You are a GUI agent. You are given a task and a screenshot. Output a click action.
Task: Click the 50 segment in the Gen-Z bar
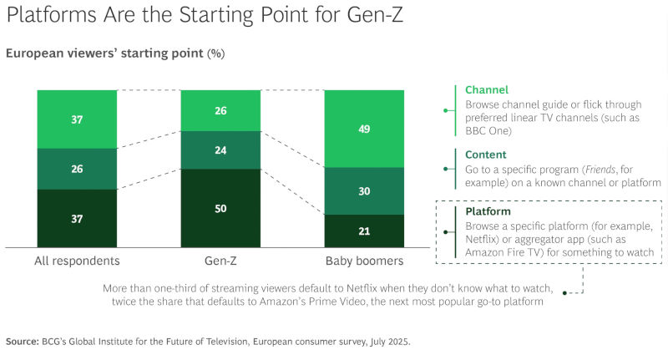click(x=220, y=208)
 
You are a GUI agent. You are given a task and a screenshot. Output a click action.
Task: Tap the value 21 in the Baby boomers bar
click(x=364, y=231)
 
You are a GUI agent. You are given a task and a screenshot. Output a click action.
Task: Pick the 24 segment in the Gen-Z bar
click(x=220, y=150)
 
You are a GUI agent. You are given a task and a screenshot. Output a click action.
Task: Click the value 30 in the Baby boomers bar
click(x=364, y=190)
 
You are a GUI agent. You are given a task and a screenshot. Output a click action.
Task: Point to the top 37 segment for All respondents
click(x=77, y=119)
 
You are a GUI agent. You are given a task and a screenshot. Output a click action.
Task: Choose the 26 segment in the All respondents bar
click(x=77, y=169)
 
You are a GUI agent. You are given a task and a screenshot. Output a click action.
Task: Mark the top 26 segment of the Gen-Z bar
click(x=220, y=110)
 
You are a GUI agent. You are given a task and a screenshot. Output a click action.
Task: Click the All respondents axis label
click(x=77, y=261)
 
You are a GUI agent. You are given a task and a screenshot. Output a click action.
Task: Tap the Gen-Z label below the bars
click(x=220, y=261)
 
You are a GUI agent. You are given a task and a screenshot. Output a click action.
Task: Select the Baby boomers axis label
click(x=364, y=261)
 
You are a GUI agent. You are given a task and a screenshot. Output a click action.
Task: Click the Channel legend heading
click(x=487, y=89)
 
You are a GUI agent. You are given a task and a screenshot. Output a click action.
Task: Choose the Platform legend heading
click(x=488, y=211)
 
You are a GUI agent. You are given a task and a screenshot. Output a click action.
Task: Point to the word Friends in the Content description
click(x=573, y=169)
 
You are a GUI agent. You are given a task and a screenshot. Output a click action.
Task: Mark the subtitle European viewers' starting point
click(x=104, y=53)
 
